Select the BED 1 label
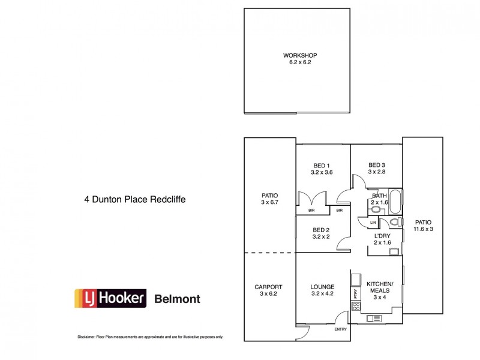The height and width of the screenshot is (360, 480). click(322, 166)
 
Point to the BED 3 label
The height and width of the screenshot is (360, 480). click(377, 166)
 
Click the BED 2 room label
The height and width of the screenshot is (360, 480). click(322, 230)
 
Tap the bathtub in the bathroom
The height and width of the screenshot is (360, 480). click(396, 199)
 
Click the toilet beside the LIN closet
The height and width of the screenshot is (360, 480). click(394, 223)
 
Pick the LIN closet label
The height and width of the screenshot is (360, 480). click(373, 223)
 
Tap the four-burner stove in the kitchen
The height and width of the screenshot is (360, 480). click(355, 306)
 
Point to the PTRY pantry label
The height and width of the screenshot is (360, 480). click(356, 294)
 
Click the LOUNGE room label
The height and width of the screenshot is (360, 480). click(322, 287)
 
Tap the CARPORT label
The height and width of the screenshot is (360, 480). click(268, 287)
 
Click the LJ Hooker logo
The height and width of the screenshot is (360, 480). click(110, 298)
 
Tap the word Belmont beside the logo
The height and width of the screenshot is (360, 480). click(178, 299)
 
